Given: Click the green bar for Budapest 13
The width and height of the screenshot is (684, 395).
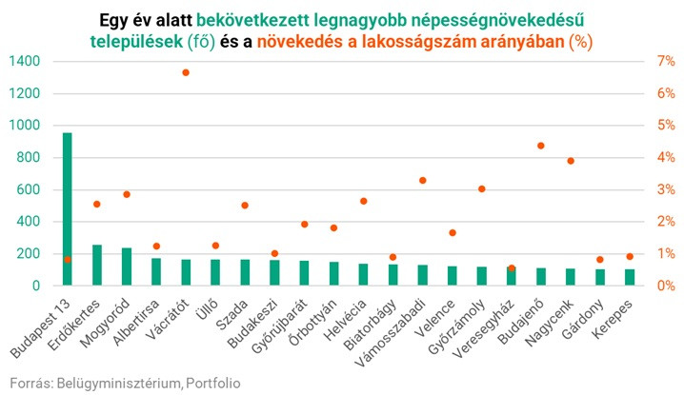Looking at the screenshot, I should (x=68, y=208).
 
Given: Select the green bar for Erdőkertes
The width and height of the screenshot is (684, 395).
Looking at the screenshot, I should (x=97, y=265).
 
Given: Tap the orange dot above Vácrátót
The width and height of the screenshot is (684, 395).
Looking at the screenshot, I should (x=186, y=72).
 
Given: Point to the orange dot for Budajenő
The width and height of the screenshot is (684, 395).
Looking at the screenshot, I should (x=541, y=146).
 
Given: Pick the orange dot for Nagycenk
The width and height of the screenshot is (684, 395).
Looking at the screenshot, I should (x=571, y=161).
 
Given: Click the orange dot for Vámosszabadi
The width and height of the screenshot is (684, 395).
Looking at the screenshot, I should (x=422, y=180).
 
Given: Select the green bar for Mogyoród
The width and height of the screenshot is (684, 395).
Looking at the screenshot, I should (x=127, y=267).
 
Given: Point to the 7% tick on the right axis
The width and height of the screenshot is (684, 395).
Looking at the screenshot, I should (x=666, y=61).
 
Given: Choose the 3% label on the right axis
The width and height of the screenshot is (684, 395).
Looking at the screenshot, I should (x=666, y=189).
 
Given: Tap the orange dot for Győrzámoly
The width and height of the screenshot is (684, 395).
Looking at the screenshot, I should (x=482, y=188).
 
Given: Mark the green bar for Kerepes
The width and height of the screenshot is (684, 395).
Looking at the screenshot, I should (x=630, y=277).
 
